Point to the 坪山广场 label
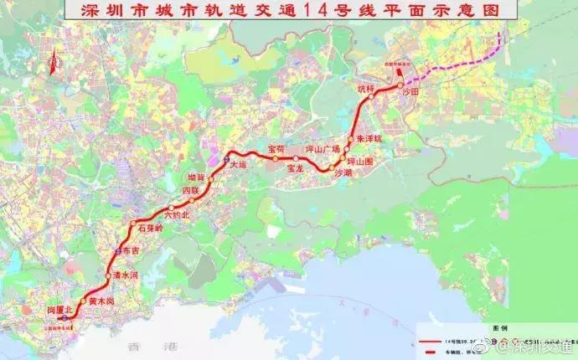[x=323, y=149]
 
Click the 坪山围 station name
[x=364, y=159]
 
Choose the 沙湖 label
[x=343, y=172]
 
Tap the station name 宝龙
[x=294, y=168]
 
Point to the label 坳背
[x=196, y=177]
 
